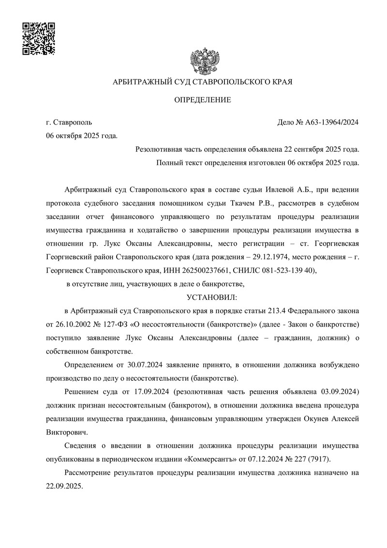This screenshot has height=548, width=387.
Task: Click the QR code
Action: [39, 39]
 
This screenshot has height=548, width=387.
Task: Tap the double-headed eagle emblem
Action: [203, 61]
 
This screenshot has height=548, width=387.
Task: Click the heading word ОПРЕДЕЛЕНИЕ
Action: [203, 100]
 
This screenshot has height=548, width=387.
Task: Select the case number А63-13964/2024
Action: [332, 123]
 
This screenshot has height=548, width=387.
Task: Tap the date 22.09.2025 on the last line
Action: [63, 485]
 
